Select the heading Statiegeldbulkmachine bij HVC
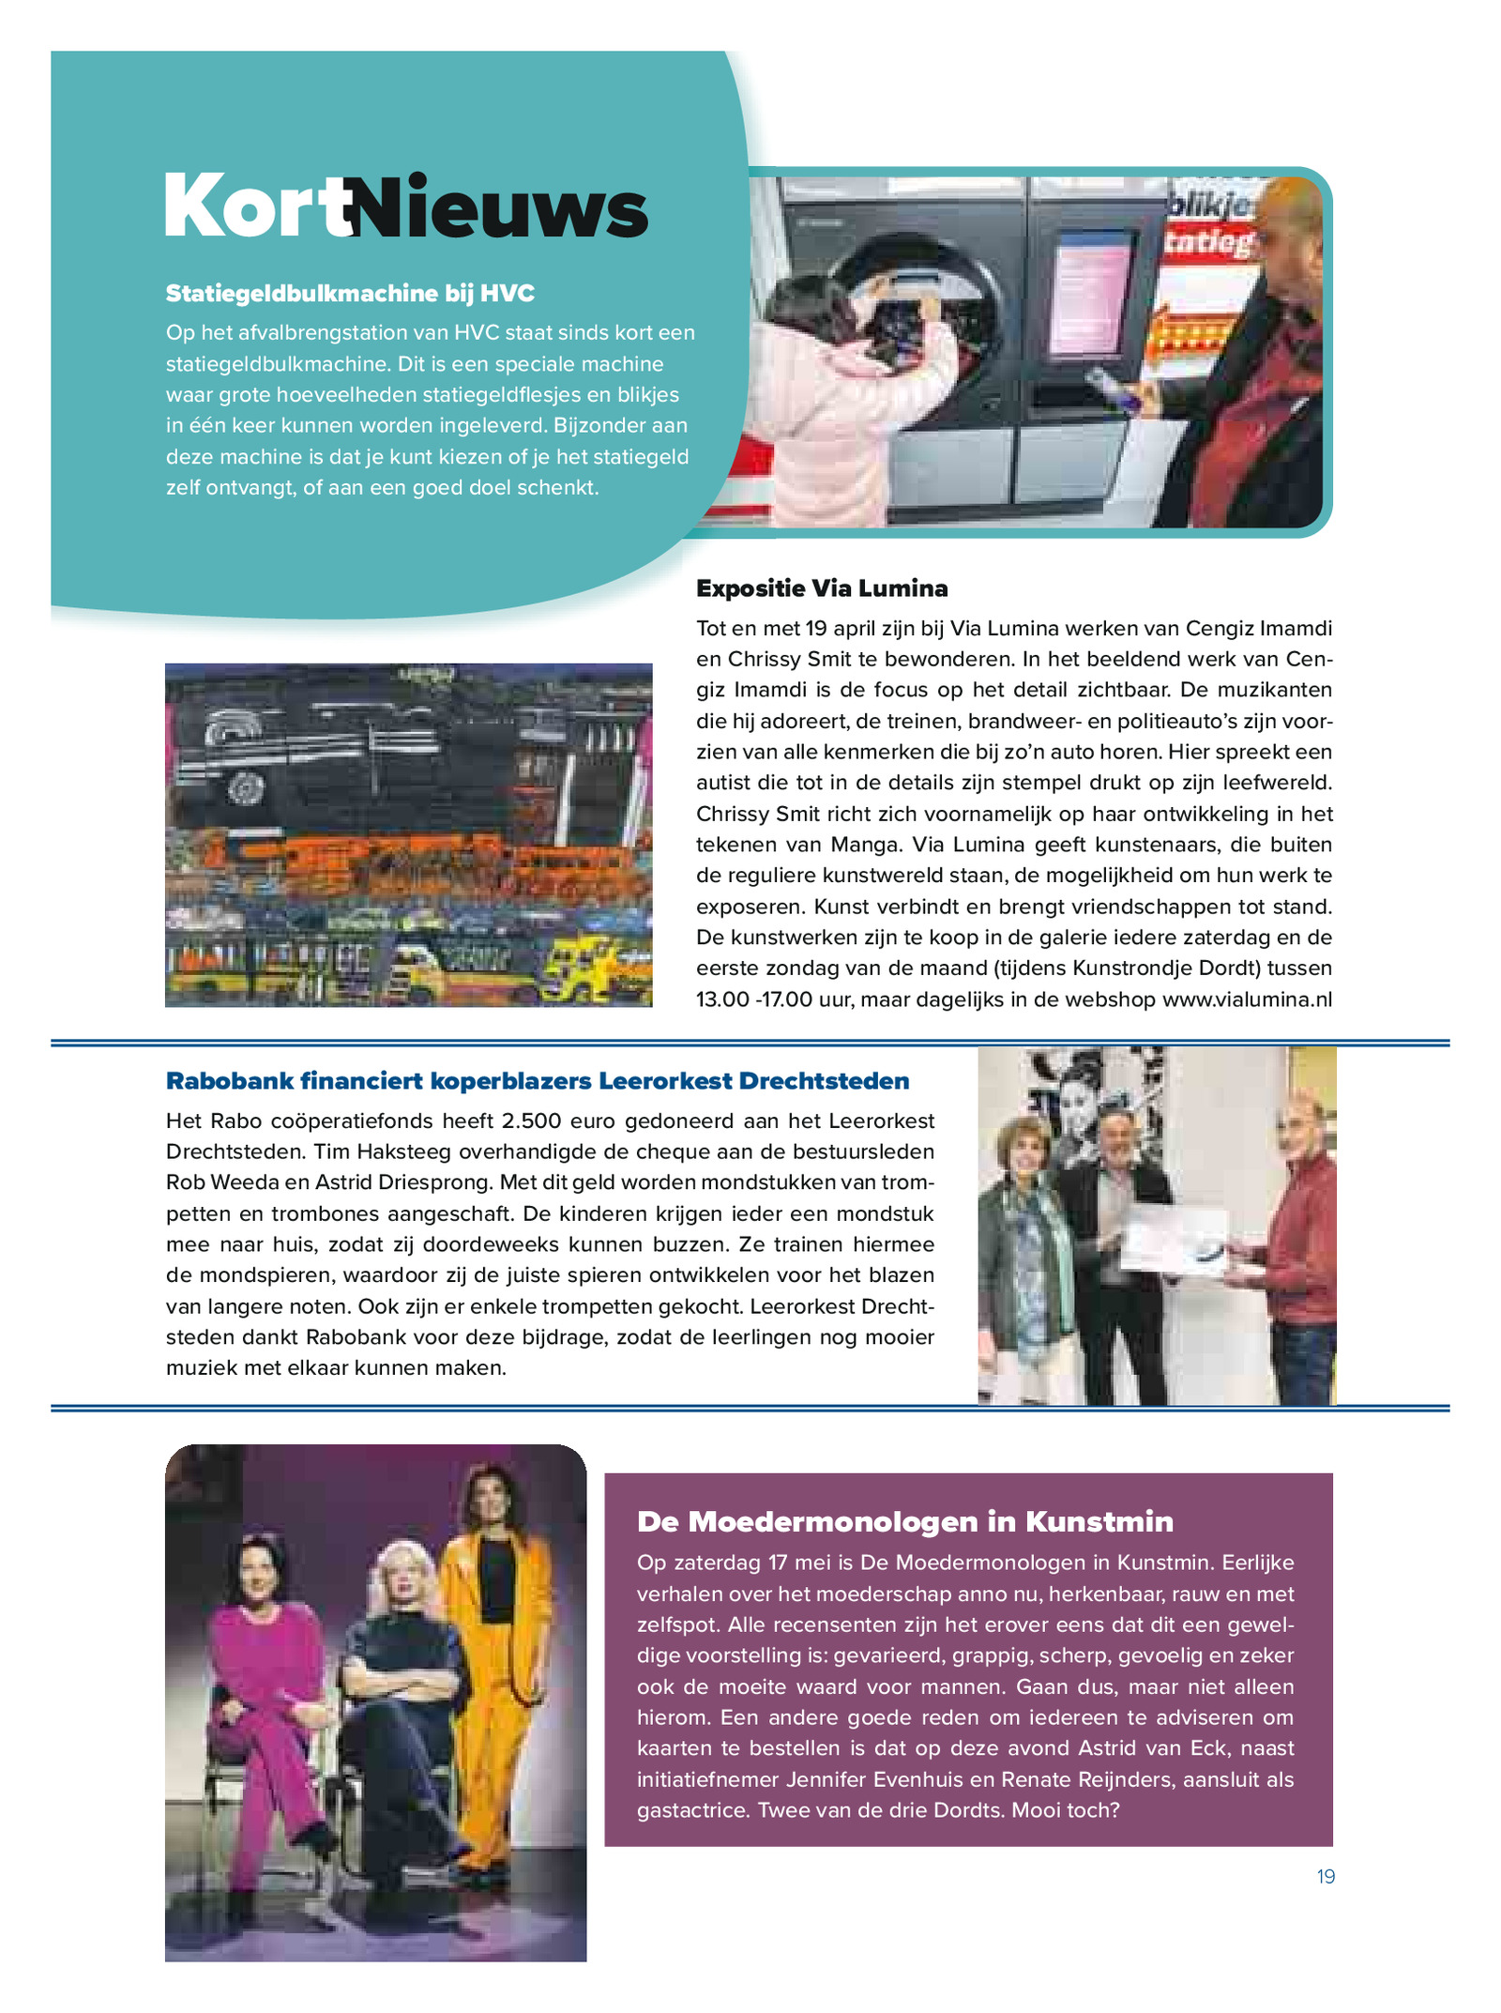[x=350, y=294]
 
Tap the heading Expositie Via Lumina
[x=822, y=588]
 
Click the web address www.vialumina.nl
[x=1247, y=999]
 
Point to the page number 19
[x=1326, y=1876]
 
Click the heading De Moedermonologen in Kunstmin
[x=905, y=1521]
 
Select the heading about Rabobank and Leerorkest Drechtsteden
[x=538, y=1081]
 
